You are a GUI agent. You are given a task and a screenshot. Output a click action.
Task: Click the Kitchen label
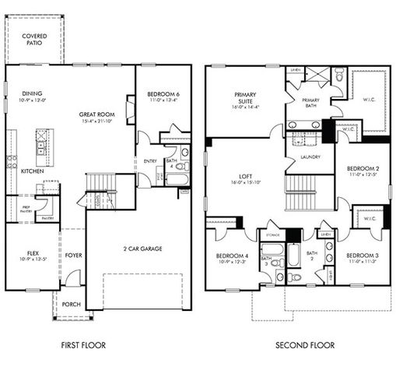(x=32, y=171)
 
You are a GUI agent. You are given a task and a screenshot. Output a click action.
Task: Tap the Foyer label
(x=72, y=254)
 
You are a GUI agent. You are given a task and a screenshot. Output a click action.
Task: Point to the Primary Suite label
(x=246, y=99)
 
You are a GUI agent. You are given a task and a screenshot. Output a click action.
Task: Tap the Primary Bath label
(x=310, y=101)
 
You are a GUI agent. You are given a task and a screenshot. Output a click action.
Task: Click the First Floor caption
(x=83, y=344)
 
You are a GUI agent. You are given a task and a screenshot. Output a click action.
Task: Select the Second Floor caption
(x=304, y=344)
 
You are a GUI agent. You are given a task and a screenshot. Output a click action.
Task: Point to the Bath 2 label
(x=311, y=256)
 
